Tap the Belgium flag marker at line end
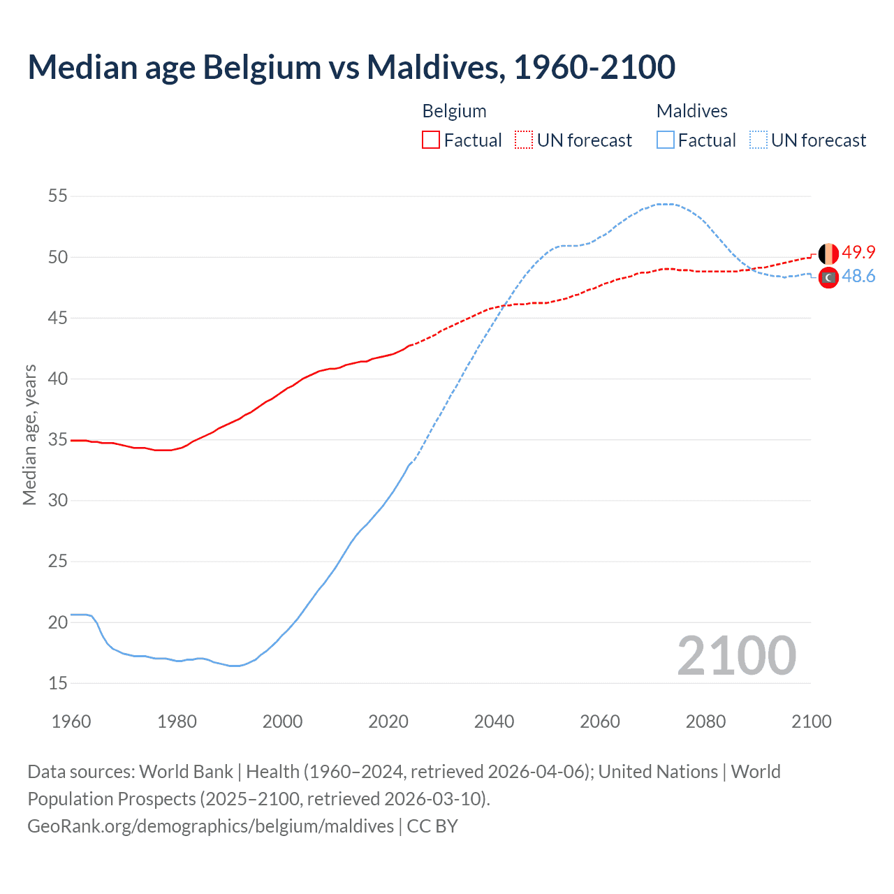pyautogui.click(x=828, y=254)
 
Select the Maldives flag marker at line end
pyautogui.click(x=828, y=277)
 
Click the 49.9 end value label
pyautogui.click(x=858, y=252)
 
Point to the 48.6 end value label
pyautogui.click(x=858, y=277)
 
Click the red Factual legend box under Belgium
pyautogui.click(x=431, y=140)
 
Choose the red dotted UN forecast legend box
pyautogui.click(x=524, y=140)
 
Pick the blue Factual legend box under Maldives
pyautogui.click(x=666, y=140)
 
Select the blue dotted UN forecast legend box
pyautogui.click(x=759, y=140)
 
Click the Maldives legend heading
pyautogui.click(x=691, y=111)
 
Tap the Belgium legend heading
pyautogui.click(x=454, y=111)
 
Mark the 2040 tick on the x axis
pyautogui.click(x=494, y=721)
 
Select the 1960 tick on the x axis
pyautogui.click(x=71, y=721)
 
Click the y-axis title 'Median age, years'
pyautogui.click(x=29, y=434)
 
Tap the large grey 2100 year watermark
pyautogui.click(x=736, y=656)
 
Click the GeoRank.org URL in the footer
pyautogui.click(x=210, y=826)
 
